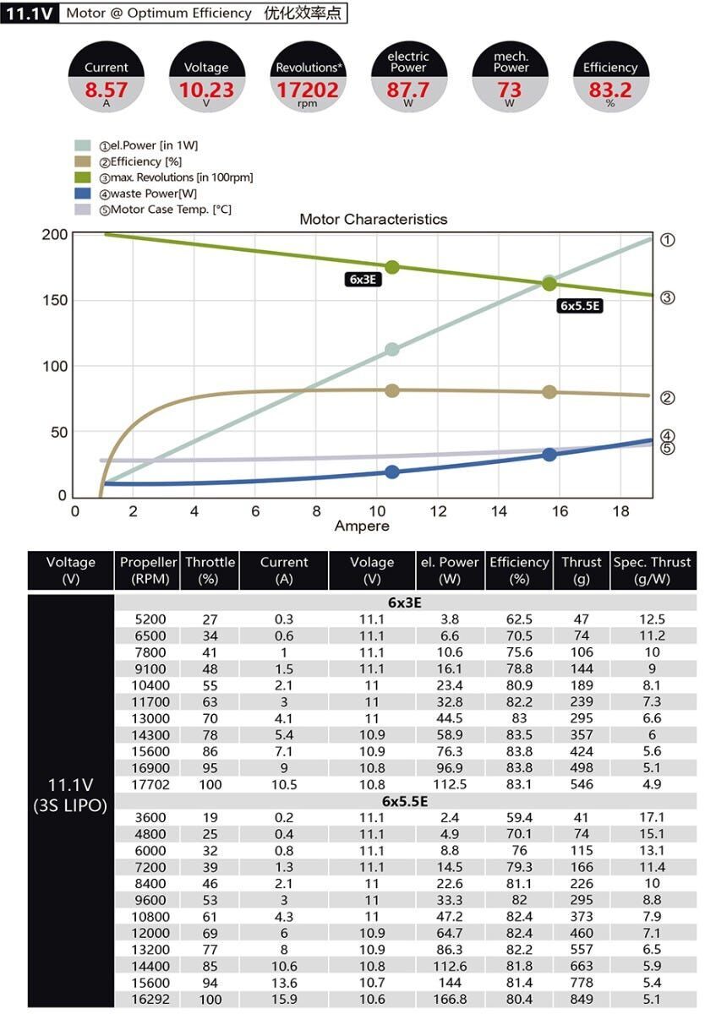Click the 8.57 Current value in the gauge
click(x=107, y=90)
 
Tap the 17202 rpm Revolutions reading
click(x=308, y=90)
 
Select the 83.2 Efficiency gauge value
click(x=610, y=90)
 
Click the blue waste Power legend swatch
click(x=83, y=194)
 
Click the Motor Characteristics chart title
click(x=373, y=219)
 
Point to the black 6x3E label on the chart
click(x=362, y=280)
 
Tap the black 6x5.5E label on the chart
click(x=580, y=306)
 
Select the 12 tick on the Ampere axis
click(x=438, y=511)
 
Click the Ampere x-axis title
click(x=362, y=526)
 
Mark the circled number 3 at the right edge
click(x=667, y=297)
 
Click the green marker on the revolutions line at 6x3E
click(x=391, y=267)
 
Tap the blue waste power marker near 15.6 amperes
click(x=549, y=455)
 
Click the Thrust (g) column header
click(x=582, y=570)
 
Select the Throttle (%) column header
click(x=210, y=570)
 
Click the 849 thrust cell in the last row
click(x=582, y=1000)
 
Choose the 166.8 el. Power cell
click(x=450, y=1000)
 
